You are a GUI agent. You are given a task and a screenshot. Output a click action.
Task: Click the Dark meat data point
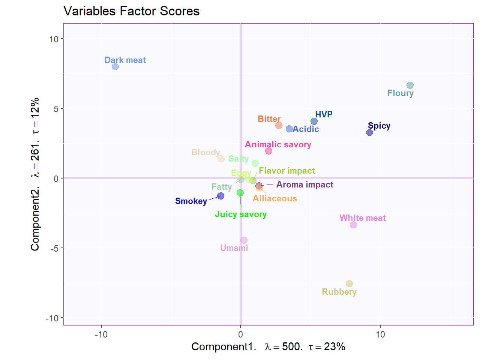[115, 66]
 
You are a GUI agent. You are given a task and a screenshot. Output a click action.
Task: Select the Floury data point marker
[410, 85]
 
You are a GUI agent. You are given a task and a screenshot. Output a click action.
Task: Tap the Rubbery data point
[349, 283]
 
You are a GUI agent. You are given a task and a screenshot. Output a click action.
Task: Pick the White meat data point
[353, 225]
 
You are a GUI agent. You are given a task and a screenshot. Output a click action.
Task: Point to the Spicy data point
[369, 132]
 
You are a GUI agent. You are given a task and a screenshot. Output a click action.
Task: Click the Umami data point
[244, 240]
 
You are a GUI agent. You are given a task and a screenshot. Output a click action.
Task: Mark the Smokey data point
[220, 196]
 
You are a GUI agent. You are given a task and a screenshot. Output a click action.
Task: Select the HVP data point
[314, 121]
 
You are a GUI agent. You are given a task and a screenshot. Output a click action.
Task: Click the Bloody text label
[205, 152]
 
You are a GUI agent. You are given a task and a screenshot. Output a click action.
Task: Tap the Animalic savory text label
[278, 144]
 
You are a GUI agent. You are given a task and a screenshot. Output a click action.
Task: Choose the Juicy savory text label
[240, 214]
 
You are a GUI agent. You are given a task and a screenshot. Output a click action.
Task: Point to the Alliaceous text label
[274, 198]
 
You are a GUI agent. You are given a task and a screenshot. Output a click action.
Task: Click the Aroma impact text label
[304, 184]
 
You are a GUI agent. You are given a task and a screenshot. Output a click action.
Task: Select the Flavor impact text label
[286, 171]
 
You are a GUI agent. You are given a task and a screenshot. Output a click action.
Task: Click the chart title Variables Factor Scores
[131, 11]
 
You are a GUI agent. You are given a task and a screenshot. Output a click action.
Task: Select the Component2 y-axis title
[35, 174]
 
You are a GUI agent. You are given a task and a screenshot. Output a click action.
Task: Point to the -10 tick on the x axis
[101, 334]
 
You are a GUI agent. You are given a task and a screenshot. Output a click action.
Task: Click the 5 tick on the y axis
[56, 109]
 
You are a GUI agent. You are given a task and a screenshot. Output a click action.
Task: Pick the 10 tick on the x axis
[380, 334]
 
